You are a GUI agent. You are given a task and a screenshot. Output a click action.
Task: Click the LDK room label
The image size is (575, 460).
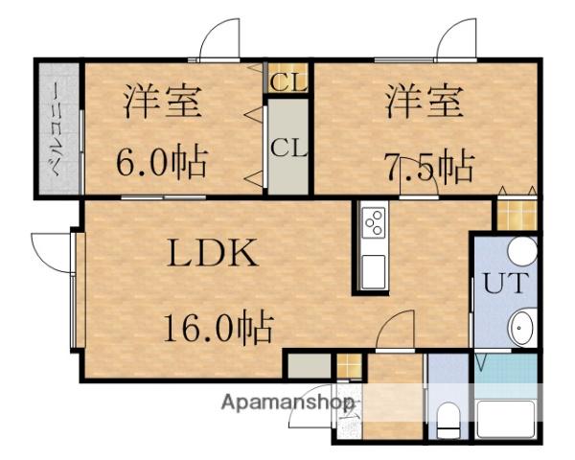pos(214,256)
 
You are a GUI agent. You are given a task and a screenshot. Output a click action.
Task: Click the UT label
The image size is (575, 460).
pos(499,285)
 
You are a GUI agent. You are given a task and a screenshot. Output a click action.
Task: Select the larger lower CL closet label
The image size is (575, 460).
pos(287,149)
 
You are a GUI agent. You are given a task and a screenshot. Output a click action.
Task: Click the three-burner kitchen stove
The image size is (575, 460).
pos(373,224)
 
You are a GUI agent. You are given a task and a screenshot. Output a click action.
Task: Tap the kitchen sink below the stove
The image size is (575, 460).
pos(373,271)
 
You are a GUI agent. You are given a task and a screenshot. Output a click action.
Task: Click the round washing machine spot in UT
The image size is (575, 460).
pos(521,252)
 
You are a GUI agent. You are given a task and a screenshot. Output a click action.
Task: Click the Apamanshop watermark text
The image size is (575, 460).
pos(288,402)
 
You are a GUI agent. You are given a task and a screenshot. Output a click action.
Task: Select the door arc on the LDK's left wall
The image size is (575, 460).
pos(51,251)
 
